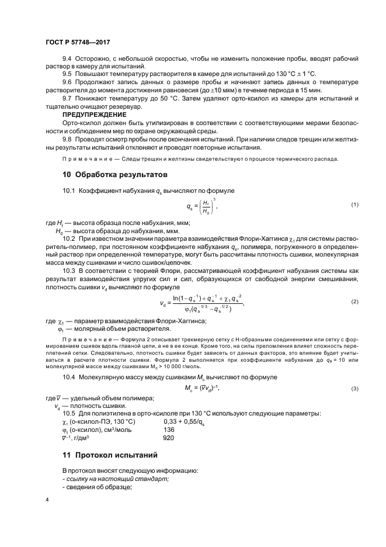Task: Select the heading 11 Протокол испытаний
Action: tap(110, 455)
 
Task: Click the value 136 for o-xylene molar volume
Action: tap(169, 429)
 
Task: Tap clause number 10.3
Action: tap(69, 272)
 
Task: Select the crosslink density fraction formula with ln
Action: tap(201, 302)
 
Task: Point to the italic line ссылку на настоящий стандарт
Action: tap(116, 479)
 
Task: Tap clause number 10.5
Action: tap(69, 413)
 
